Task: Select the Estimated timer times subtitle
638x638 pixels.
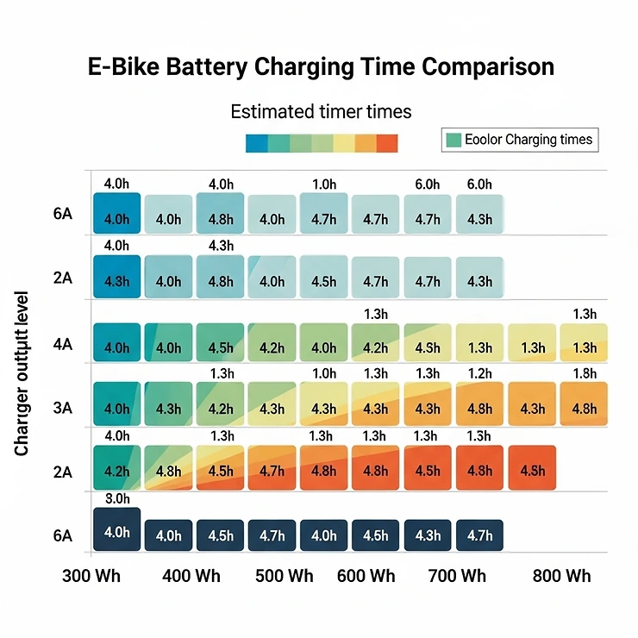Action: click(x=321, y=111)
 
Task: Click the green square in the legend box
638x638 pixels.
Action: click(x=453, y=140)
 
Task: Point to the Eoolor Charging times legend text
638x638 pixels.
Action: click(x=529, y=140)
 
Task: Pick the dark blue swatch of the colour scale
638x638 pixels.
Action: click(x=256, y=143)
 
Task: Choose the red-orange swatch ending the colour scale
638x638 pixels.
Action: click(x=387, y=143)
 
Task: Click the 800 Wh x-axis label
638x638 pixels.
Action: click(x=561, y=576)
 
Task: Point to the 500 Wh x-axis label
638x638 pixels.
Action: click(x=285, y=576)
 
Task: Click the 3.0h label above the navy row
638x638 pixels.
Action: click(x=116, y=499)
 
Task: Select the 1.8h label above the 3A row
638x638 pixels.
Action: click(x=584, y=373)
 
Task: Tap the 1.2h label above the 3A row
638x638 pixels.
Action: click(x=479, y=373)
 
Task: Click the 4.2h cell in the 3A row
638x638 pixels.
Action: click(x=220, y=409)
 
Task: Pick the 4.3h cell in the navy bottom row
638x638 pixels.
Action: click(x=428, y=535)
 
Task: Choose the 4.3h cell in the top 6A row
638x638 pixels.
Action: click(x=479, y=219)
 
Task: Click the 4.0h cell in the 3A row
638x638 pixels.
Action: click(x=116, y=409)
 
